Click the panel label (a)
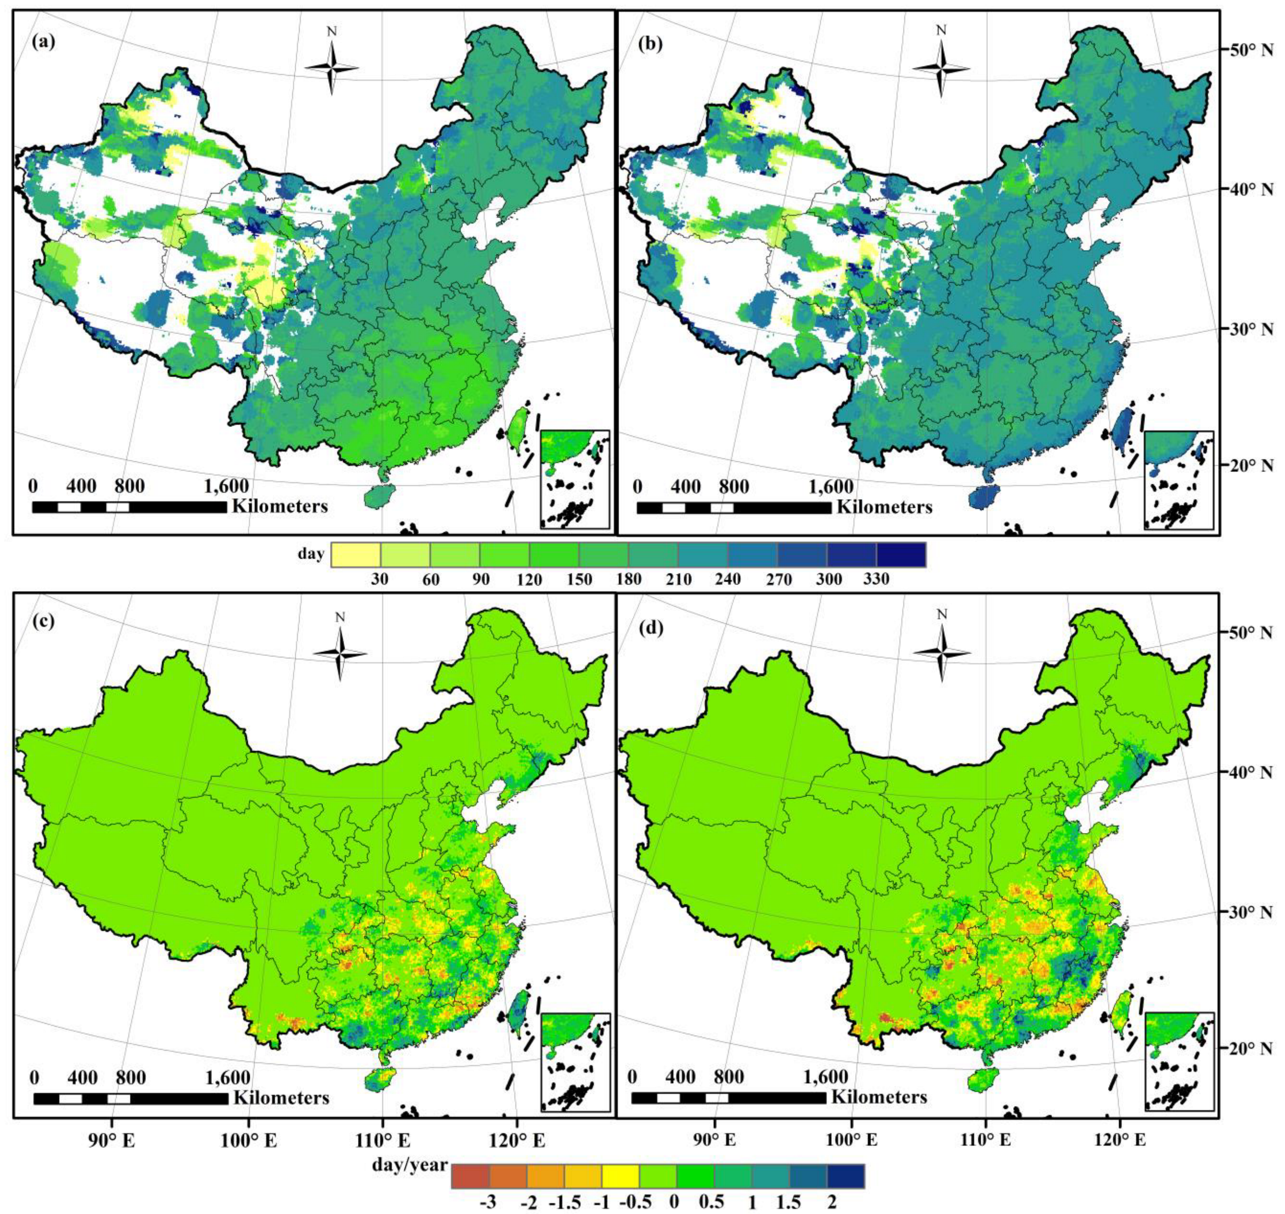43,43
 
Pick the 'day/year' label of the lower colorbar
409,1165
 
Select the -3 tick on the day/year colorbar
489,1203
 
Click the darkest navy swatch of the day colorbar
901,555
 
